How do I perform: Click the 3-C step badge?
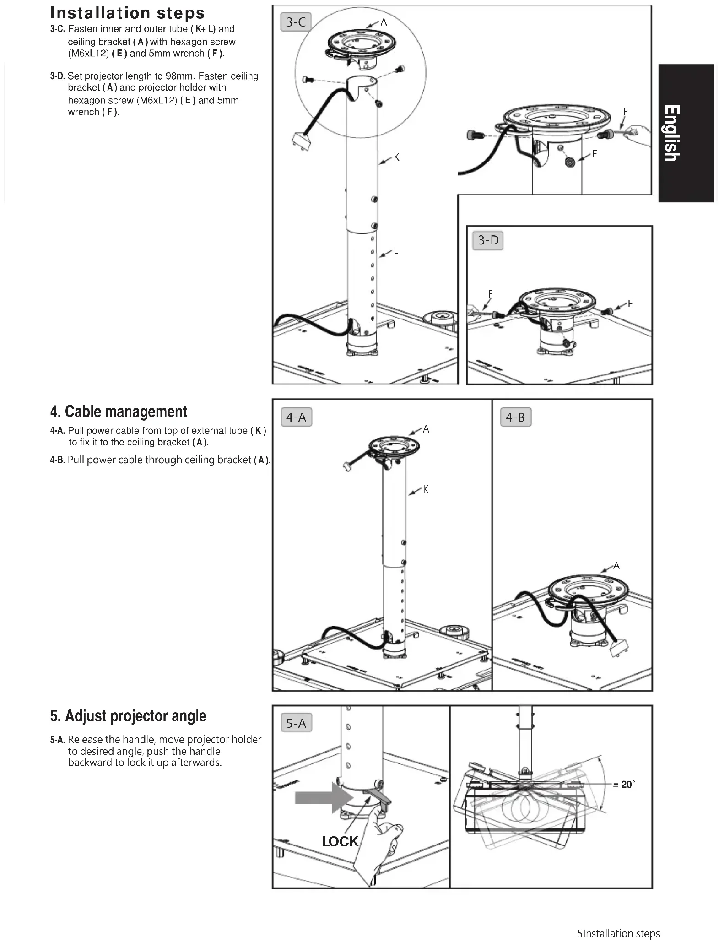coord(296,22)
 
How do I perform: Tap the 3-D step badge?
coord(488,240)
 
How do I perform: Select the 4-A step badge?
coord(296,417)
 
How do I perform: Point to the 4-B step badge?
coord(515,417)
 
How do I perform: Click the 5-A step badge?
coord(296,723)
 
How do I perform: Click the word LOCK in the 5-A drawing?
coord(340,841)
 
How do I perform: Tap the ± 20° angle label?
coord(623,785)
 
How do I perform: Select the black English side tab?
coord(686,133)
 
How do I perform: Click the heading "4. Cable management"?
coord(119,411)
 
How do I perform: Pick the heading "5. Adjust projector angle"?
coord(128,716)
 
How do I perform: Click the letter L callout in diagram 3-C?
coord(396,250)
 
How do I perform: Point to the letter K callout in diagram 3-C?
coord(396,157)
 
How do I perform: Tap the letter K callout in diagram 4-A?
coord(426,490)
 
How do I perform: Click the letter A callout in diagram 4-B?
coord(616,566)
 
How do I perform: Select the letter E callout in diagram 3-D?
coord(630,303)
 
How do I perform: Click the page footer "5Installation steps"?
coord(618,933)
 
